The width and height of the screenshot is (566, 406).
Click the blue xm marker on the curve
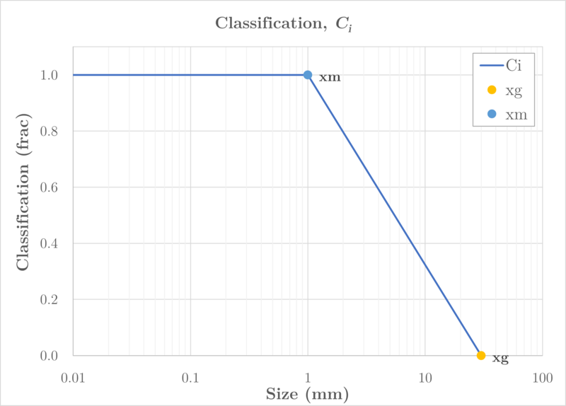point(308,75)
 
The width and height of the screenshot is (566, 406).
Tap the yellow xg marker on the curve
point(481,356)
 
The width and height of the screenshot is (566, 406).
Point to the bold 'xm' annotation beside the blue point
point(330,77)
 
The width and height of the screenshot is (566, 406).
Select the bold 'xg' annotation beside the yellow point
point(500,359)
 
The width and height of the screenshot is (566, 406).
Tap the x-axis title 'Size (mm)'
point(308,393)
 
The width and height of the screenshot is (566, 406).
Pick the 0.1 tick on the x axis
point(190,378)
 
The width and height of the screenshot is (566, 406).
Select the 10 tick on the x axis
point(425,378)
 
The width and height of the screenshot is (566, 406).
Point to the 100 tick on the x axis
point(542,378)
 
